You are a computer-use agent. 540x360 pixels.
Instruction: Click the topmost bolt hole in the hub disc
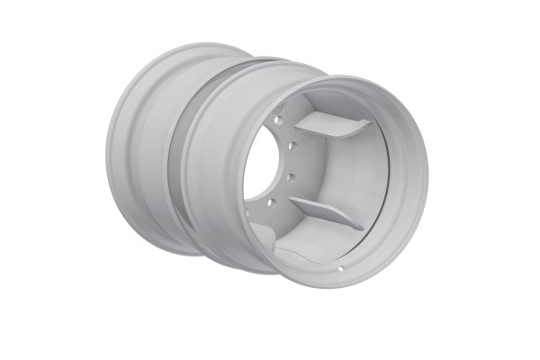[279, 120]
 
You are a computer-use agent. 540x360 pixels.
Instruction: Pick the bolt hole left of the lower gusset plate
[271, 203]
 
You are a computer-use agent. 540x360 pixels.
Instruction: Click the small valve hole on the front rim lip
[341, 268]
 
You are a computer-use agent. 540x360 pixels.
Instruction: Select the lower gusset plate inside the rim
[324, 213]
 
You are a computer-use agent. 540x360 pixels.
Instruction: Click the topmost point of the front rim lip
[351, 76]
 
